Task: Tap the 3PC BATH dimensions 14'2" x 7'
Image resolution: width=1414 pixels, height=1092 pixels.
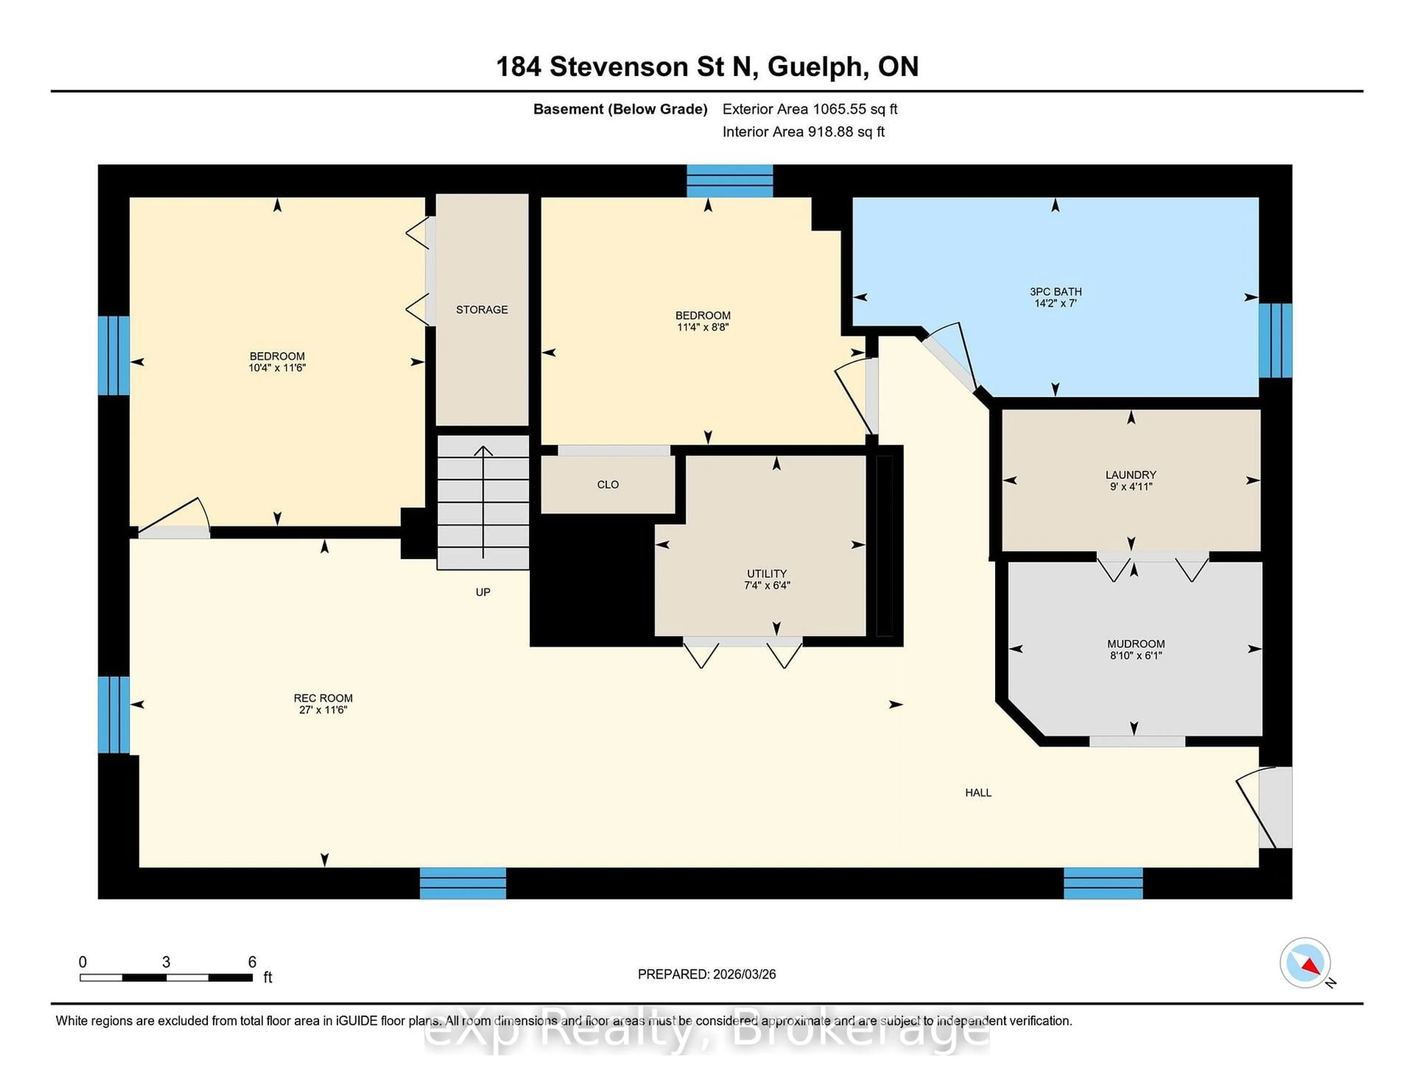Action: pos(1055,303)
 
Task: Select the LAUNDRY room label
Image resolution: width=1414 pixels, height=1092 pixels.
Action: pos(1130,475)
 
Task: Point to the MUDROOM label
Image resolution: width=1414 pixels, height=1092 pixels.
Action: pos(1136,644)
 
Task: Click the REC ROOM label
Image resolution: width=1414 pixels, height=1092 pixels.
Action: pos(323,698)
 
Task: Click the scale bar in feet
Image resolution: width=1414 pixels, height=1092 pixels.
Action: pos(166,977)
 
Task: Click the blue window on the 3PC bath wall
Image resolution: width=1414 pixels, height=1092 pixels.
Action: pos(1275,341)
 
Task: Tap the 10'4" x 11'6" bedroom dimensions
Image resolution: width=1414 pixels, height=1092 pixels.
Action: pos(277,368)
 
